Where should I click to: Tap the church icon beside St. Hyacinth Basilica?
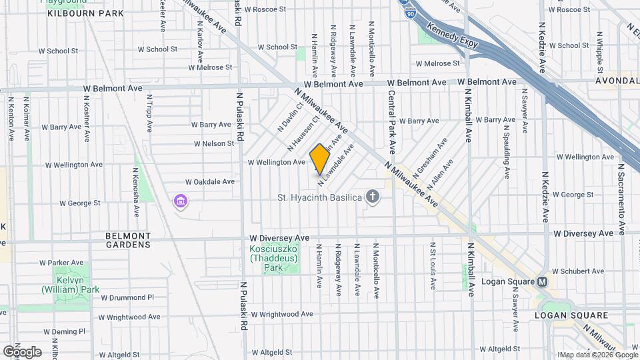[372, 197]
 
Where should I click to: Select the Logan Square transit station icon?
[543, 281]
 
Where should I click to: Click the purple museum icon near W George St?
[179, 201]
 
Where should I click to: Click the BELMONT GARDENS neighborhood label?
[128, 240]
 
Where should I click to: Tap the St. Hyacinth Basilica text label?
[319, 197]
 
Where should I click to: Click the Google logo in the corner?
[21, 352]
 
